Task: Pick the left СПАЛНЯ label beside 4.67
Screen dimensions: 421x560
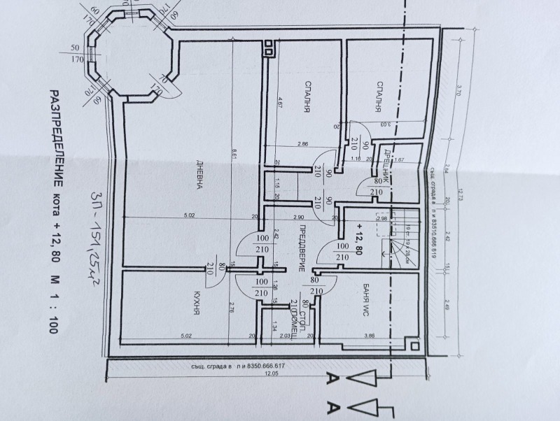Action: [307, 97]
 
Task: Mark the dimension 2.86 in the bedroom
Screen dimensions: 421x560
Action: [302, 144]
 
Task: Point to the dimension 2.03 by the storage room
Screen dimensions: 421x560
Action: [283, 336]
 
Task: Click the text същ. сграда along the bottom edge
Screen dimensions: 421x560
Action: [209, 365]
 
